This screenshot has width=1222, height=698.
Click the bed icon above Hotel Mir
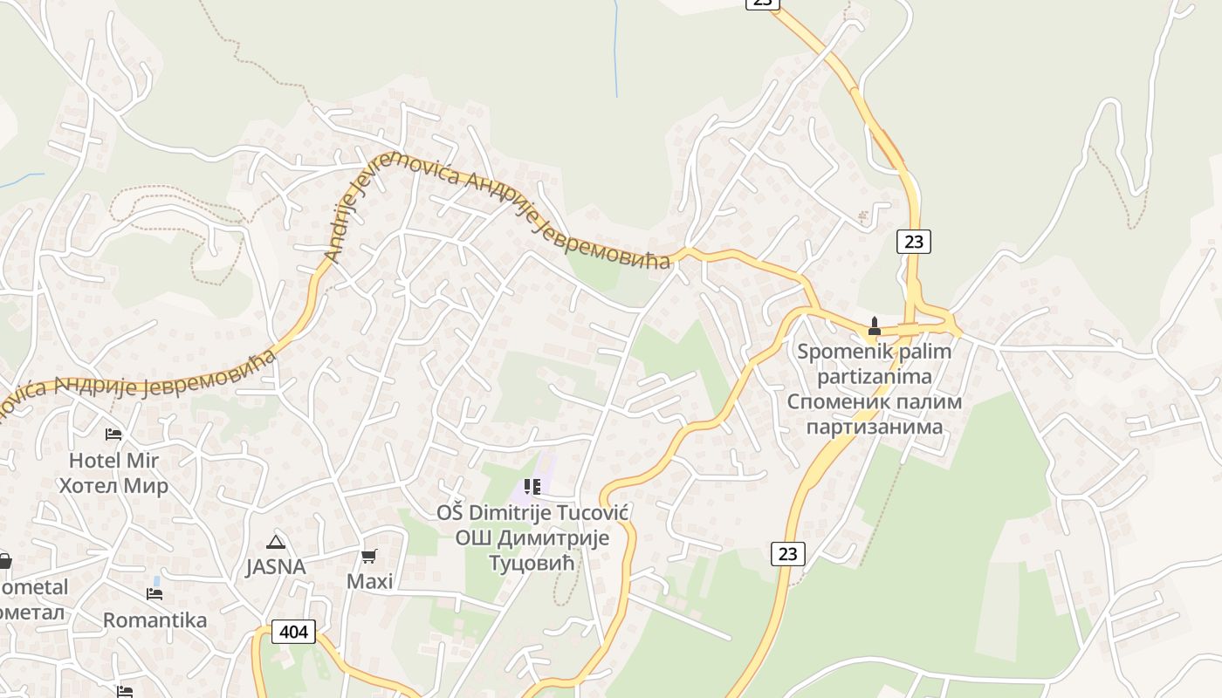click(113, 434)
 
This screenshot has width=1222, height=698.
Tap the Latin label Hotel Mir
click(113, 460)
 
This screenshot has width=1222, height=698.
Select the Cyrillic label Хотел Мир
click(113, 485)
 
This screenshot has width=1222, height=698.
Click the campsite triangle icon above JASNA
click(276, 542)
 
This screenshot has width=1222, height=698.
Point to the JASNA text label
click(276, 567)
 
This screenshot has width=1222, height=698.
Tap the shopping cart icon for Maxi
click(369, 556)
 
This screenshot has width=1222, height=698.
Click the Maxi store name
click(369, 581)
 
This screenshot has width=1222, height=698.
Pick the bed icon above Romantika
click(154, 594)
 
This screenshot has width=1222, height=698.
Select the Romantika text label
click(154, 620)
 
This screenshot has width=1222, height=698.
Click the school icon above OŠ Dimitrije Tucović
click(532, 486)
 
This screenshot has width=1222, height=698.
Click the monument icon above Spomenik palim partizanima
click(874, 327)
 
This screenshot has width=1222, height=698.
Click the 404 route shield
click(293, 631)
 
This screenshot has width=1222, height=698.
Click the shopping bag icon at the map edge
click(3, 561)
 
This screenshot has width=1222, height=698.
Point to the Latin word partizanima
click(874, 377)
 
